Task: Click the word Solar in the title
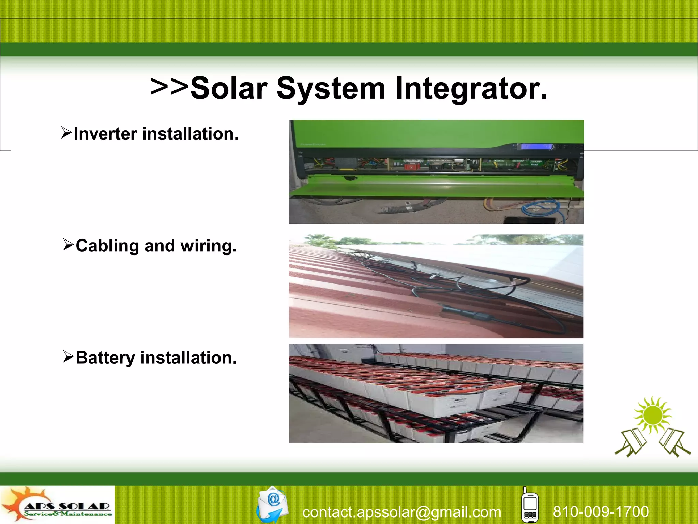229,89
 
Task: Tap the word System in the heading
331,89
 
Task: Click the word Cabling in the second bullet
107,246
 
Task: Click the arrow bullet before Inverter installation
66,133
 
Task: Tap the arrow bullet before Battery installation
68,356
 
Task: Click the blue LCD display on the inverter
536,147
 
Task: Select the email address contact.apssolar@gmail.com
401,512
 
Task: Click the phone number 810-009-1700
601,511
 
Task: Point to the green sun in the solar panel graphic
652,416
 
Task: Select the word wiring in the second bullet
208,246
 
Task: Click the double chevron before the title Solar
169,87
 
